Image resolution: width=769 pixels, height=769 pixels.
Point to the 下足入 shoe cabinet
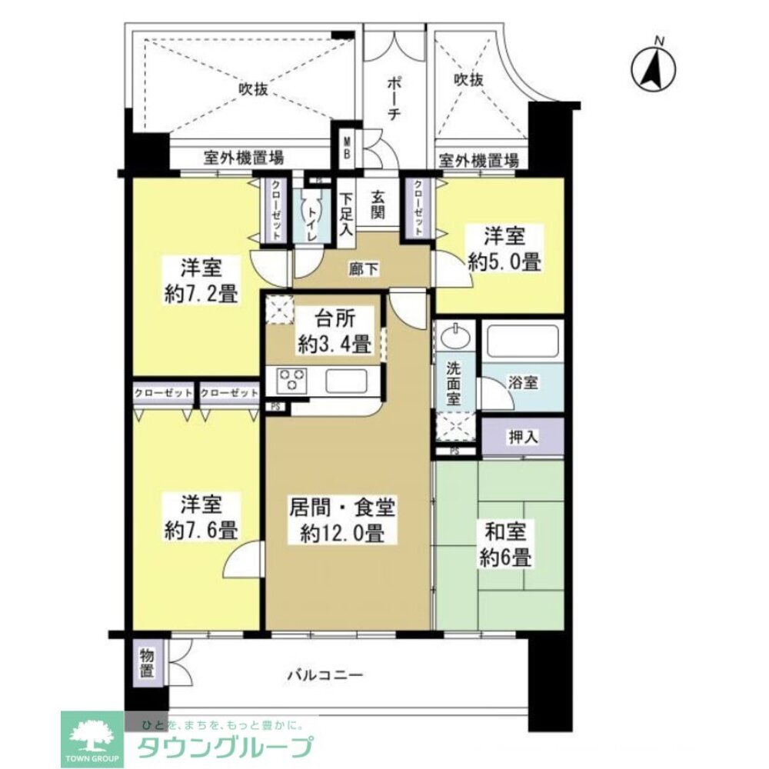pyautogui.click(x=346, y=213)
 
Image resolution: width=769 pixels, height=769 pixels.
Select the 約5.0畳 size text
pyautogui.click(x=505, y=261)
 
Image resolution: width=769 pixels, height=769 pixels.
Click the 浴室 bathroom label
pyautogui.click(x=523, y=382)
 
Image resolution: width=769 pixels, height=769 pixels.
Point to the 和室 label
pyautogui.click(x=504, y=531)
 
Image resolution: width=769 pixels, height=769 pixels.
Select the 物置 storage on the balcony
pyautogui.click(x=148, y=664)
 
